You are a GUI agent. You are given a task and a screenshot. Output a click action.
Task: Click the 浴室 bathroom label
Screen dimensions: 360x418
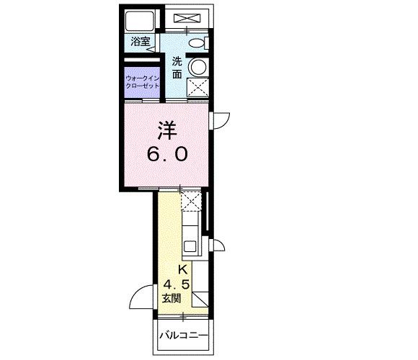140,42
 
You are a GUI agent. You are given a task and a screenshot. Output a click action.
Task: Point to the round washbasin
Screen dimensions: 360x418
196,66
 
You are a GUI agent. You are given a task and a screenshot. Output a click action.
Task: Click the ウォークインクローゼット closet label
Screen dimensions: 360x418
142,81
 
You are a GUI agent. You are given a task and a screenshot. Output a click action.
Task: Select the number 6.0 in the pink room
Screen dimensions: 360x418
168,153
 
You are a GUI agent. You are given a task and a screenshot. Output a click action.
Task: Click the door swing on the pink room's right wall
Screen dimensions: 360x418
219,120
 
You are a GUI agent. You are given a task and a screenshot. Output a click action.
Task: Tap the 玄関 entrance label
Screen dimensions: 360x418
172,297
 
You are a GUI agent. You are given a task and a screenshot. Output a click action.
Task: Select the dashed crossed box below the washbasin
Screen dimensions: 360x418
196,88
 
